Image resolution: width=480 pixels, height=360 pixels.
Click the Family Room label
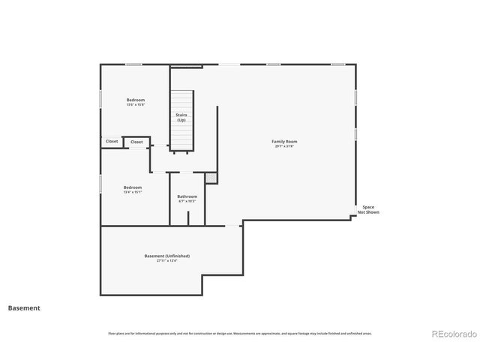[x=284, y=141]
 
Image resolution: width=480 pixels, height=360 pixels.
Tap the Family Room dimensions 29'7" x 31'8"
[x=284, y=146]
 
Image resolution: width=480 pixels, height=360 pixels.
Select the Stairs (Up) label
[x=181, y=118]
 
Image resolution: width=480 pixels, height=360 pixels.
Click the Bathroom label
[x=187, y=196]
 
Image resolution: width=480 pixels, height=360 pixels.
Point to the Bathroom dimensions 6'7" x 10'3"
[x=187, y=202]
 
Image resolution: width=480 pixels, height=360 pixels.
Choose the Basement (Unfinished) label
[x=167, y=256]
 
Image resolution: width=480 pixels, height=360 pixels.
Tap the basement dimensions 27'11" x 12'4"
[x=167, y=261]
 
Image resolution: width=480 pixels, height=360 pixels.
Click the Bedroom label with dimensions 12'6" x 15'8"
[x=136, y=100]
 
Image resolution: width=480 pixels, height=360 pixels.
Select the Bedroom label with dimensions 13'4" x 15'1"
[x=133, y=187]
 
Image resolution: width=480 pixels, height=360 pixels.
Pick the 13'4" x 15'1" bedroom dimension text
[x=133, y=192]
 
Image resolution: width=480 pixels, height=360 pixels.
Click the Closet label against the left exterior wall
[x=112, y=141]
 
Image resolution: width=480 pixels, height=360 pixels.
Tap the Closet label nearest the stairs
[x=136, y=142]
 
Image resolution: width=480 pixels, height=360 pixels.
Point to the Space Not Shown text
[x=368, y=209]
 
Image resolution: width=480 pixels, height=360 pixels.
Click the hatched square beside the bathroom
[x=211, y=178]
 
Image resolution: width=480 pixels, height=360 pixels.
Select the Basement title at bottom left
[x=24, y=307]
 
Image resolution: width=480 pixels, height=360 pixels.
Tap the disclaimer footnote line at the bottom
[x=240, y=333]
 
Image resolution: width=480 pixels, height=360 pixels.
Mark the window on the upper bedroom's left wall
[x=101, y=99]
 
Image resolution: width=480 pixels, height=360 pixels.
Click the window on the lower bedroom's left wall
[x=101, y=184]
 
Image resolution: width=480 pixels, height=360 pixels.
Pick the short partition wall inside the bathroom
[x=187, y=217]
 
